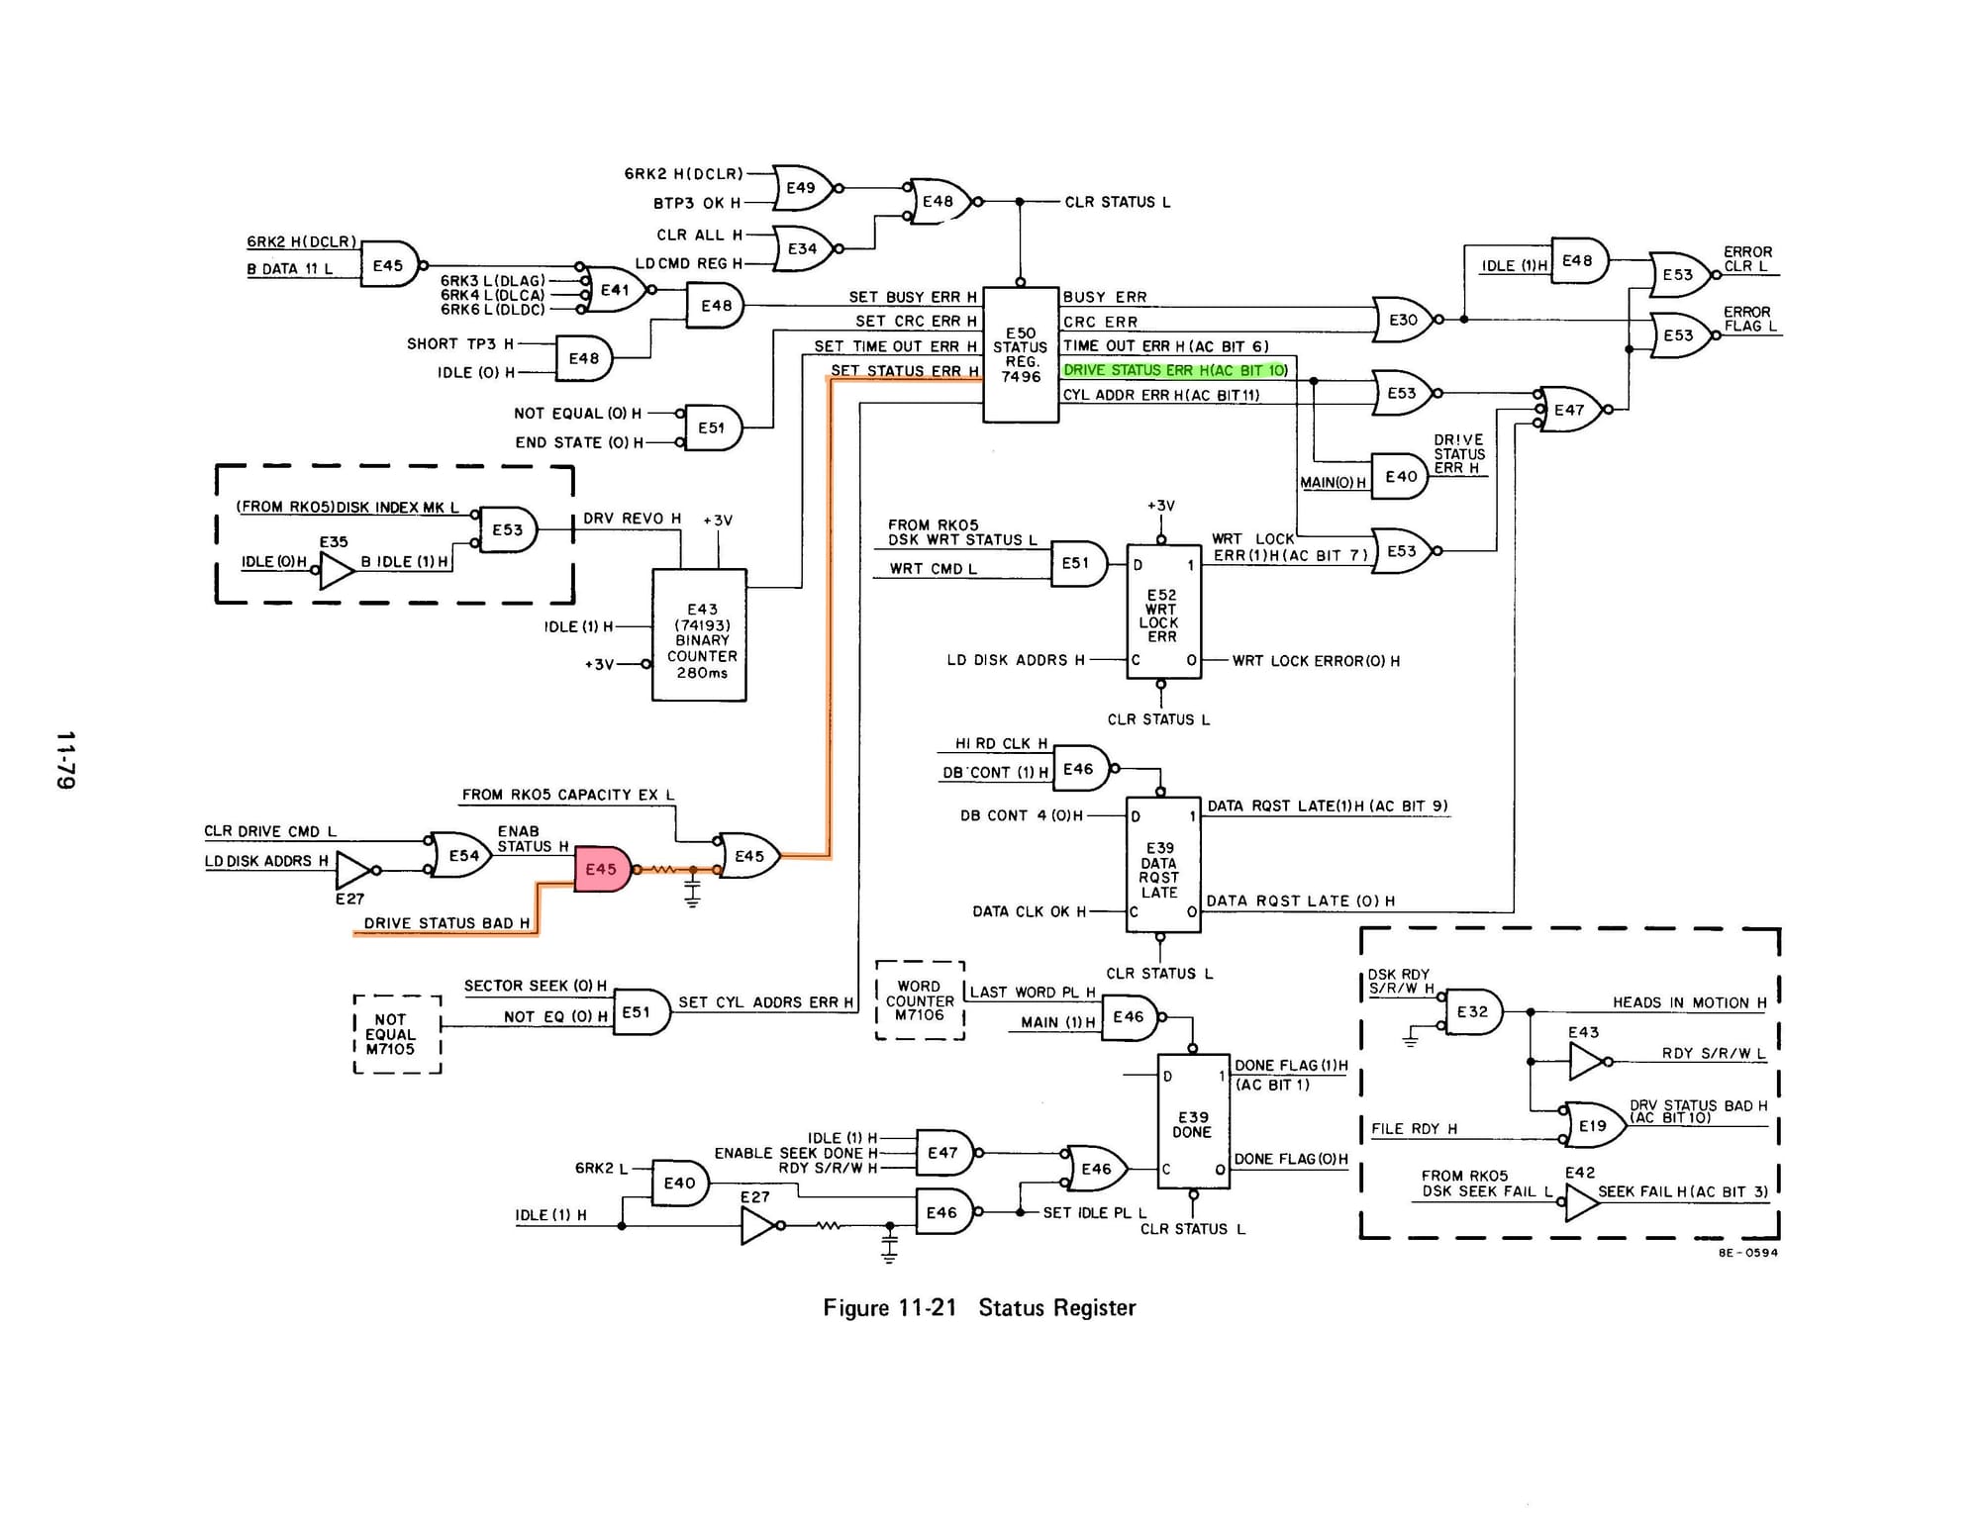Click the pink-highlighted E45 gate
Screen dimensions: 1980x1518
[602, 869]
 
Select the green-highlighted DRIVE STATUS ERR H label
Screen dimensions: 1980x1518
[1175, 370]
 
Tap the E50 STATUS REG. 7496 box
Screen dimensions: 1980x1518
[1021, 354]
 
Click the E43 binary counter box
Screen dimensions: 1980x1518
[699, 635]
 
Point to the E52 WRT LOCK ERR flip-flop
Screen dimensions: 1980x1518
[1163, 612]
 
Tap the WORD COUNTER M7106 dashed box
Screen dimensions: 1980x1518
[920, 1000]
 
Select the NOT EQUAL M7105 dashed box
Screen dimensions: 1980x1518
[397, 1034]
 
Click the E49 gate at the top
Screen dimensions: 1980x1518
[803, 188]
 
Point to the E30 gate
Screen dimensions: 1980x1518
[1403, 320]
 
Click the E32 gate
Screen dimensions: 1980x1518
[1472, 1011]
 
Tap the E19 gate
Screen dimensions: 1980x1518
[1594, 1125]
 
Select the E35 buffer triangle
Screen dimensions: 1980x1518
[337, 570]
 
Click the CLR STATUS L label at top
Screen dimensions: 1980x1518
[1117, 202]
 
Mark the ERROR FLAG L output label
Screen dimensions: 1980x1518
[1749, 319]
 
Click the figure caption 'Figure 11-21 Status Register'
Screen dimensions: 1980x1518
[979, 1307]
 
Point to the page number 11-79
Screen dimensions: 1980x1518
[65, 760]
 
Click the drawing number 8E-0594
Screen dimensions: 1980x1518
[1747, 1253]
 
